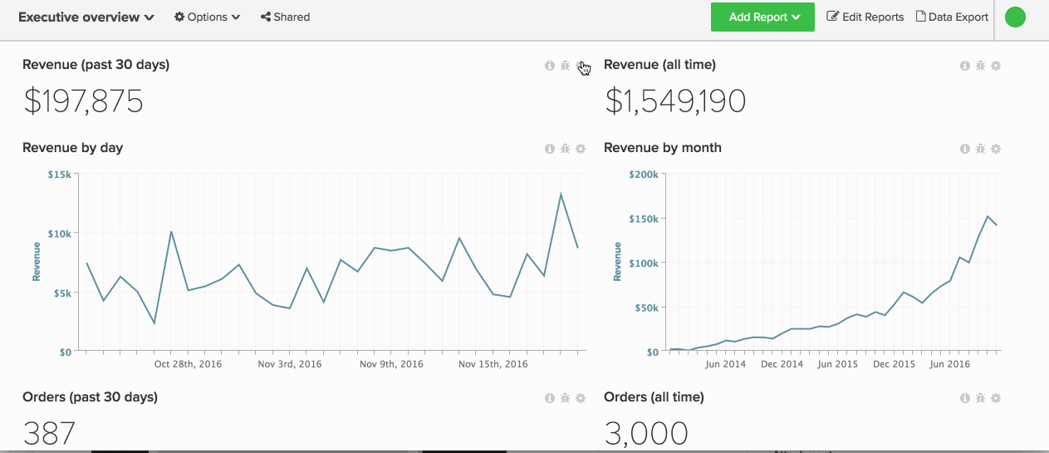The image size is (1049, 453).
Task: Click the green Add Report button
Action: click(762, 17)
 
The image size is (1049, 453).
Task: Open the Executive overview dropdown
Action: click(86, 17)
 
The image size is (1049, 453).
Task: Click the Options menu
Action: click(207, 17)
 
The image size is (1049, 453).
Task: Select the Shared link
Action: click(285, 17)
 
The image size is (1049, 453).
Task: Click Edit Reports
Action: click(865, 17)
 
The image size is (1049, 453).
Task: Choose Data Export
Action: click(952, 17)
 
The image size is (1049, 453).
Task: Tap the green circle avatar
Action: click(1015, 17)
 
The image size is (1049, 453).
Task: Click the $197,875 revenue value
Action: click(83, 101)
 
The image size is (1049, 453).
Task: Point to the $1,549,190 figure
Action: click(674, 101)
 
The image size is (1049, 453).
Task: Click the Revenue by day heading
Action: click(73, 148)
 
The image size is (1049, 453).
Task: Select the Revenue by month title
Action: click(663, 148)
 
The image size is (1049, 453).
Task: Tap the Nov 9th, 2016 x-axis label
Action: click(391, 364)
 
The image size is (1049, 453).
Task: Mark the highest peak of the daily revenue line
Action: click(561, 194)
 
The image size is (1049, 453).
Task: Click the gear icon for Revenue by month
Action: click(996, 149)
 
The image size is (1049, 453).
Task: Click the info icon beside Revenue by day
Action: click(549, 149)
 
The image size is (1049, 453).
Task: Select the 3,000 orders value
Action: click(646, 433)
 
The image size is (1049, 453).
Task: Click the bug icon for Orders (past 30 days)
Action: click(565, 398)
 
